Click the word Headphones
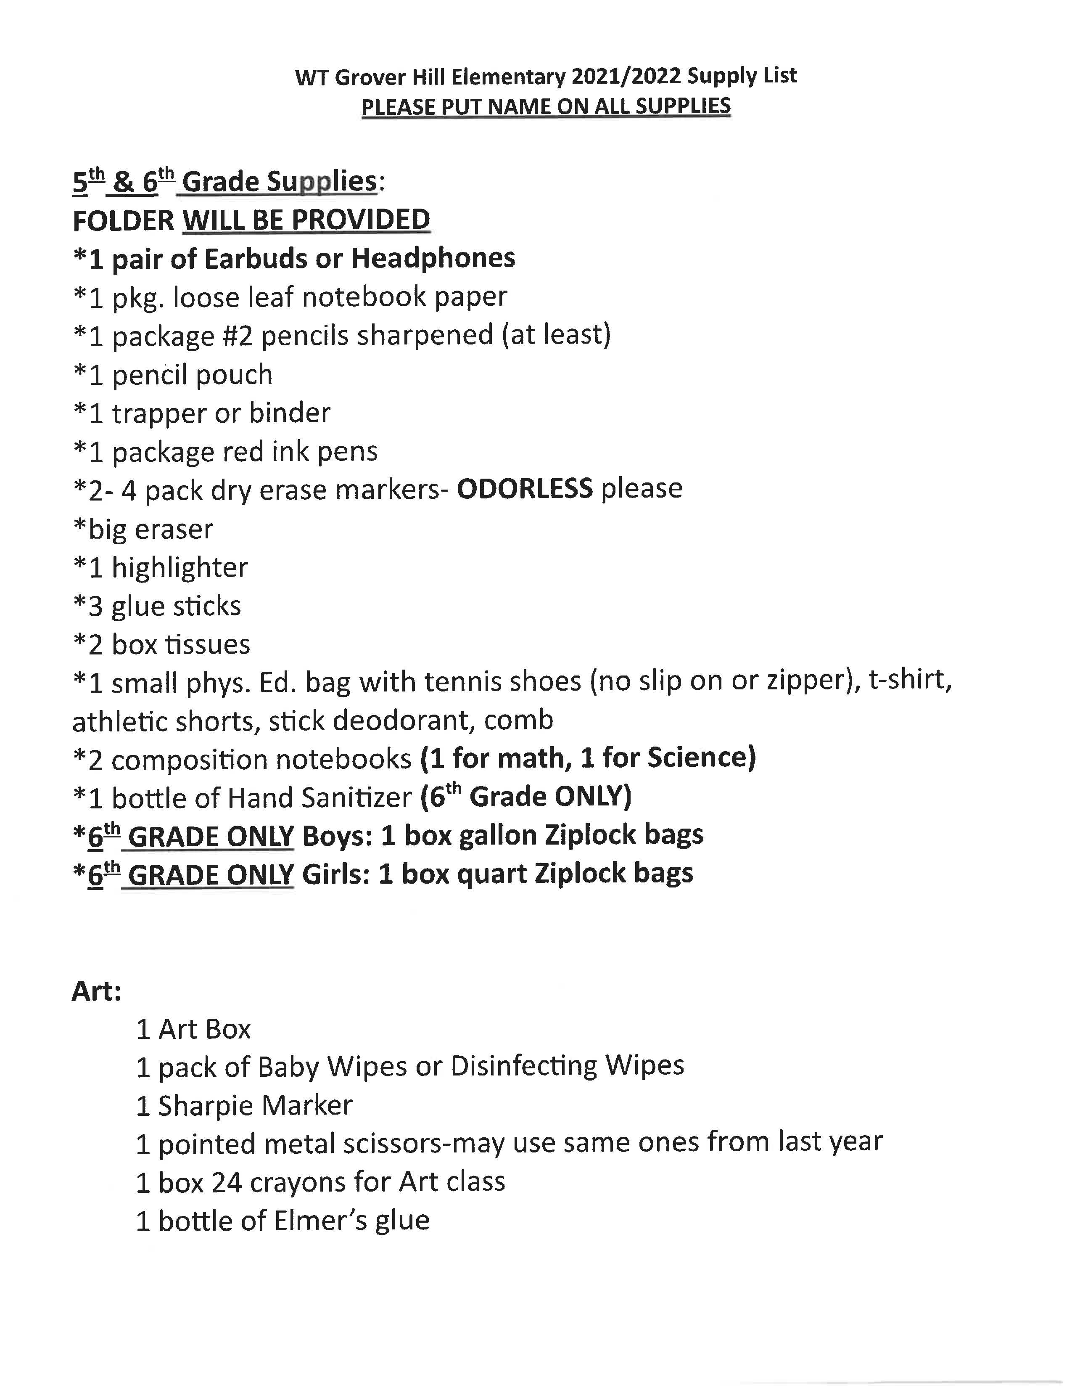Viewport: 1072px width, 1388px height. point(433,258)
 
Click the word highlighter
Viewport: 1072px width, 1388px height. point(180,567)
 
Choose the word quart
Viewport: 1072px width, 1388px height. point(492,874)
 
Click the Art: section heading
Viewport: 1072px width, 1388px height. point(97,991)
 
